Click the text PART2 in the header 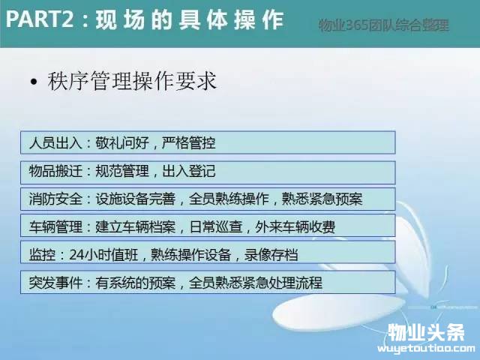pyautogui.click(x=40, y=19)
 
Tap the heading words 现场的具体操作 pyautogui.click(x=190, y=20)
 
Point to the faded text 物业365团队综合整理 pyautogui.click(x=383, y=25)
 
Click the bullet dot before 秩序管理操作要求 pyautogui.click(x=34, y=82)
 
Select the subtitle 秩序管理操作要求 pyautogui.click(x=132, y=81)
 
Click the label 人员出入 pyautogui.click(x=55, y=142)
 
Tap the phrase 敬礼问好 pyautogui.click(x=121, y=142)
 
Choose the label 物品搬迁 pyautogui.click(x=55, y=171)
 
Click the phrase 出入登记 pyautogui.click(x=189, y=171)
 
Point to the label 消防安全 pyautogui.click(x=55, y=199)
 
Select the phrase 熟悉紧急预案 pyautogui.click(x=322, y=199)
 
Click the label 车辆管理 pyautogui.click(x=55, y=226)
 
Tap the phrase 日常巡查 pyautogui.click(x=216, y=226)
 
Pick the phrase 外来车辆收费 pyautogui.click(x=295, y=226)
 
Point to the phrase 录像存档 pyautogui.click(x=271, y=255)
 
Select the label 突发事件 pyautogui.click(x=55, y=283)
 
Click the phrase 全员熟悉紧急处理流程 pyautogui.click(x=256, y=283)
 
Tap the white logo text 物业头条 pyautogui.click(x=426, y=332)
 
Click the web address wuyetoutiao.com pyautogui.click(x=426, y=348)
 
